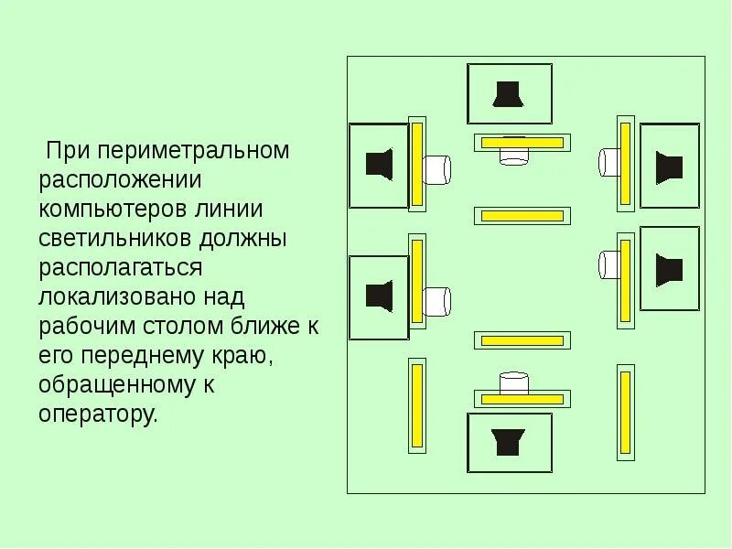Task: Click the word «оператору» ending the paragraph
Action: (x=98, y=414)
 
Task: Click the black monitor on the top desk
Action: (x=508, y=93)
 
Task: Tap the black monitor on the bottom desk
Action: (x=508, y=441)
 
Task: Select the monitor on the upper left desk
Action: (x=379, y=165)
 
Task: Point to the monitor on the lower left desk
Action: (x=379, y=296)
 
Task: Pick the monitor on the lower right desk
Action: (x=669, y=270)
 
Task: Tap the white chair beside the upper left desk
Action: (x=436, y=168)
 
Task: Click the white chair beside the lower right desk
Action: (x=611, y=265)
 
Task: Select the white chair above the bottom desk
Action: (x=514, y=382)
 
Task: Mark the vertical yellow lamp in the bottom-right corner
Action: (x=626, y=411)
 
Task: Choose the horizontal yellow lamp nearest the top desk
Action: (x=522, y=142)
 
